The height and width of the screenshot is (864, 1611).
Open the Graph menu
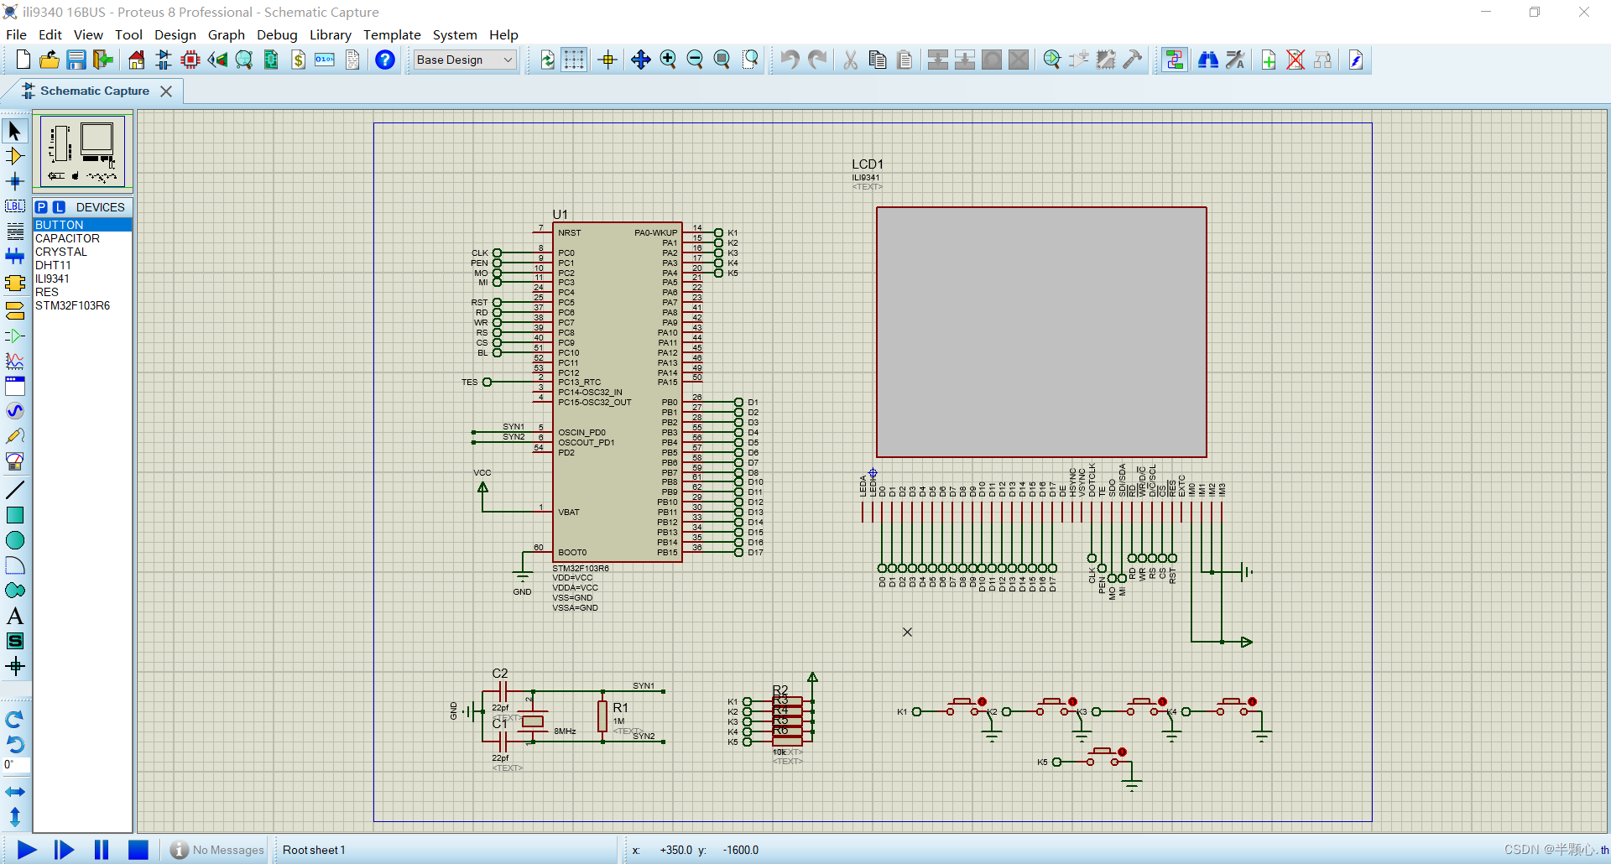tap(226, 34)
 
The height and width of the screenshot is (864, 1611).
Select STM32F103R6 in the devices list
tap(72, 305)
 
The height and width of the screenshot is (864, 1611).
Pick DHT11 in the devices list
tap(53, 265)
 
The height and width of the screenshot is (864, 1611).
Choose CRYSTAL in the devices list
tap(60, 252)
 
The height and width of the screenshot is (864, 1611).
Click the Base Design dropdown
tap(464, 60)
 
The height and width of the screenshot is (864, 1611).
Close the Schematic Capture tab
tap(166, 91)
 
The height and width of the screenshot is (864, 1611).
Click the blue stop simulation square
tap(138, 850)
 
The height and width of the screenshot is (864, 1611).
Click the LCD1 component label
tap(867, 164)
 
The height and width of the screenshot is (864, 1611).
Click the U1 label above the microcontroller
tap(560, 215)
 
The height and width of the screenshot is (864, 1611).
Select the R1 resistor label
tap(620, 708)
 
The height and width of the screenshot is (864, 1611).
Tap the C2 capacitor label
tap(499, 674)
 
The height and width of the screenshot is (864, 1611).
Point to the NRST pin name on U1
tap(569, 233)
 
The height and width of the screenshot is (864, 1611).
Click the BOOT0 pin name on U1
tap(572, 553)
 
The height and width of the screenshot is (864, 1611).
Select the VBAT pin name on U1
tap(568, 513)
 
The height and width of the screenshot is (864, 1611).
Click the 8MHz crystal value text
tap(565, 731)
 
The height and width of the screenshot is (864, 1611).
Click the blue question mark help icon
tap(384, 60)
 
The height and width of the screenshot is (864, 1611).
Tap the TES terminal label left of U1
tap(469, 383)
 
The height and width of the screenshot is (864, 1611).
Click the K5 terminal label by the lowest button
tap(1042, 763)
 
